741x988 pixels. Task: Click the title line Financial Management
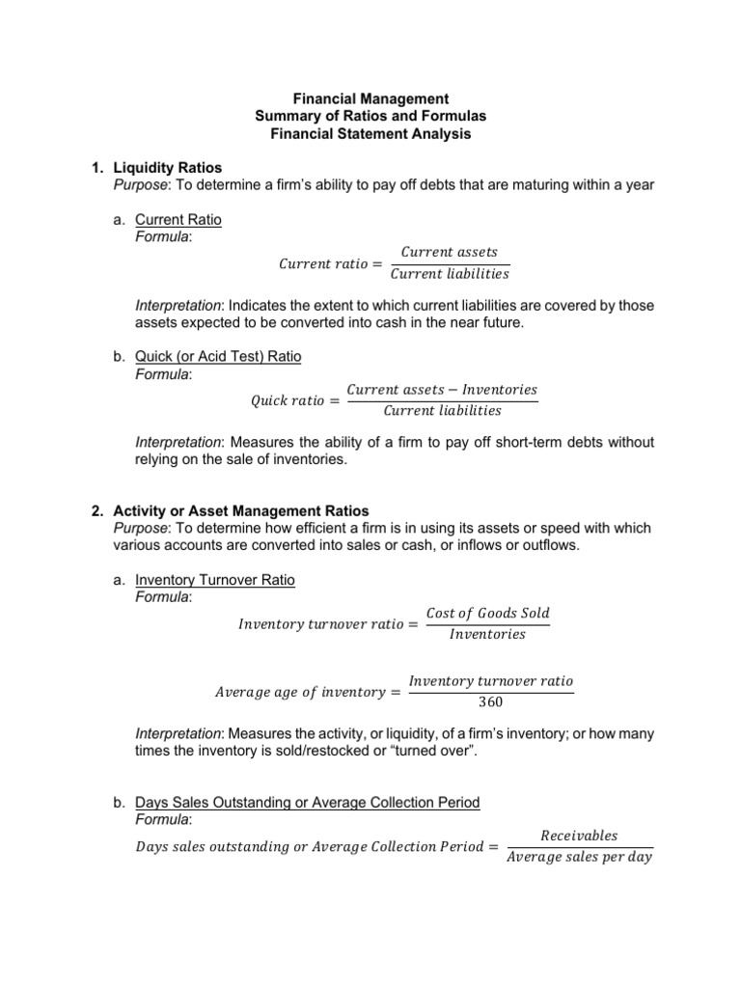370,98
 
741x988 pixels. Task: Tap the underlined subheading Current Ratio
178,220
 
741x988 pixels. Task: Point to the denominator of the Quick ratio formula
442,410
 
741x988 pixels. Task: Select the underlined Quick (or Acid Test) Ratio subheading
218,357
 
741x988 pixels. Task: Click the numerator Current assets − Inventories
442,390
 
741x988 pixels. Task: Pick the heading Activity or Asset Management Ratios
241,510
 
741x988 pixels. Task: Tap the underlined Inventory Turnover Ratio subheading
215,581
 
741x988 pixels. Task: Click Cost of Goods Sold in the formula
487,614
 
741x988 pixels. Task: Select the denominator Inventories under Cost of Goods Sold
487,634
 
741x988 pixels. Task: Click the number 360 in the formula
491,701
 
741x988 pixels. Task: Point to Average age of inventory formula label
299,692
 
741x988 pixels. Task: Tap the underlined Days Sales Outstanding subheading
307,803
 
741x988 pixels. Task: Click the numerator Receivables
579,836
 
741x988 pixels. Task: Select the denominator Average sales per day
579,857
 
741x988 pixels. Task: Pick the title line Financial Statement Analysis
370,134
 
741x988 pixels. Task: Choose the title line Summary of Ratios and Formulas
370,116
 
